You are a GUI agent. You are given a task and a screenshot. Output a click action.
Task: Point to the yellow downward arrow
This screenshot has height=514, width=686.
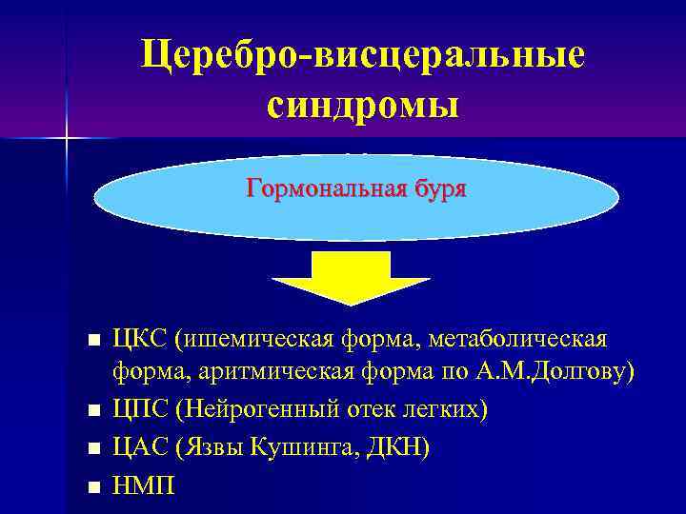pyautogui.click(x=351, y=276)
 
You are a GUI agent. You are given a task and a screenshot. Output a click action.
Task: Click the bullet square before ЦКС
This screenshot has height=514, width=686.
pyautogui.click(x=92, y=341)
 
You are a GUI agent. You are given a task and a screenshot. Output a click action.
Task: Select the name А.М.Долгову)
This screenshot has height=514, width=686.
pyautogui.click(x=556, y=374)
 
